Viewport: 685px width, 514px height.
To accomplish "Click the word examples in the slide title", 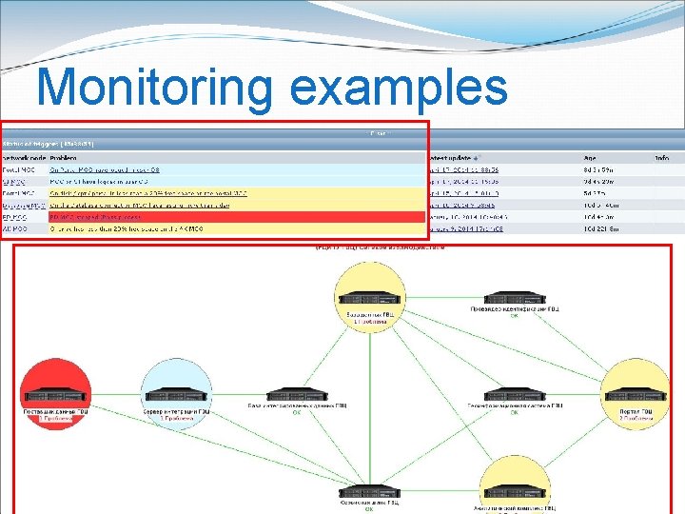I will tap(399, 89).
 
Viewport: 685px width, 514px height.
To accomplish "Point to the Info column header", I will tap(661, 157).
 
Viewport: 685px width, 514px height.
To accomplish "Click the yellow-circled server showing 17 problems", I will tap(368, 295).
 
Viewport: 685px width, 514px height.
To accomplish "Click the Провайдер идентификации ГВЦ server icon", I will tap(515, 297).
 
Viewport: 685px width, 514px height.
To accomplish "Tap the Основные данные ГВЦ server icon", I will tap(368, 492).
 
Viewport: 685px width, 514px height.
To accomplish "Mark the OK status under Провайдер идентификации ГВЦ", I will tap(515, 316).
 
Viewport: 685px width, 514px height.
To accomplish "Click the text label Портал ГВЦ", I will tap(636, 411).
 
